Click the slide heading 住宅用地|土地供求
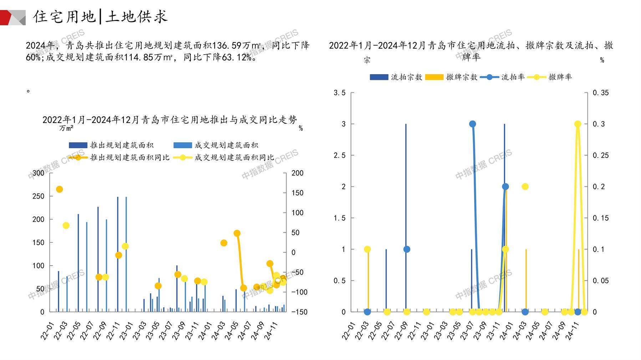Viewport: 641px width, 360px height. [100, 16]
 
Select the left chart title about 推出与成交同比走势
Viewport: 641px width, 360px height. [169, 120]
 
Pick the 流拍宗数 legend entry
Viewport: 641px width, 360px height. [396, 77]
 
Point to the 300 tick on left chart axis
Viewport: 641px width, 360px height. [39, 173]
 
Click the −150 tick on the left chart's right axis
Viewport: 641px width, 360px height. [299, 312]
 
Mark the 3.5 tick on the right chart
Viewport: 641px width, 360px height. [339, 93]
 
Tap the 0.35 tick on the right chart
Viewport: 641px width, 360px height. [601, 93]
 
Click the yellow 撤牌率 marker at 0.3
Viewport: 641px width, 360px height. [578, 124]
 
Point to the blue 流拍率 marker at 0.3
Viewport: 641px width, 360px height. [473, 124]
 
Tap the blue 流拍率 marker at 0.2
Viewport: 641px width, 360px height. [505, 186]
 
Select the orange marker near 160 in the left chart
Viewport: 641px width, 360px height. [60, 189]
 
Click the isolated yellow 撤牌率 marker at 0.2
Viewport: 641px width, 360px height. [525, 186]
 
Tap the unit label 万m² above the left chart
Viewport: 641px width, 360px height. [66, 128]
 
